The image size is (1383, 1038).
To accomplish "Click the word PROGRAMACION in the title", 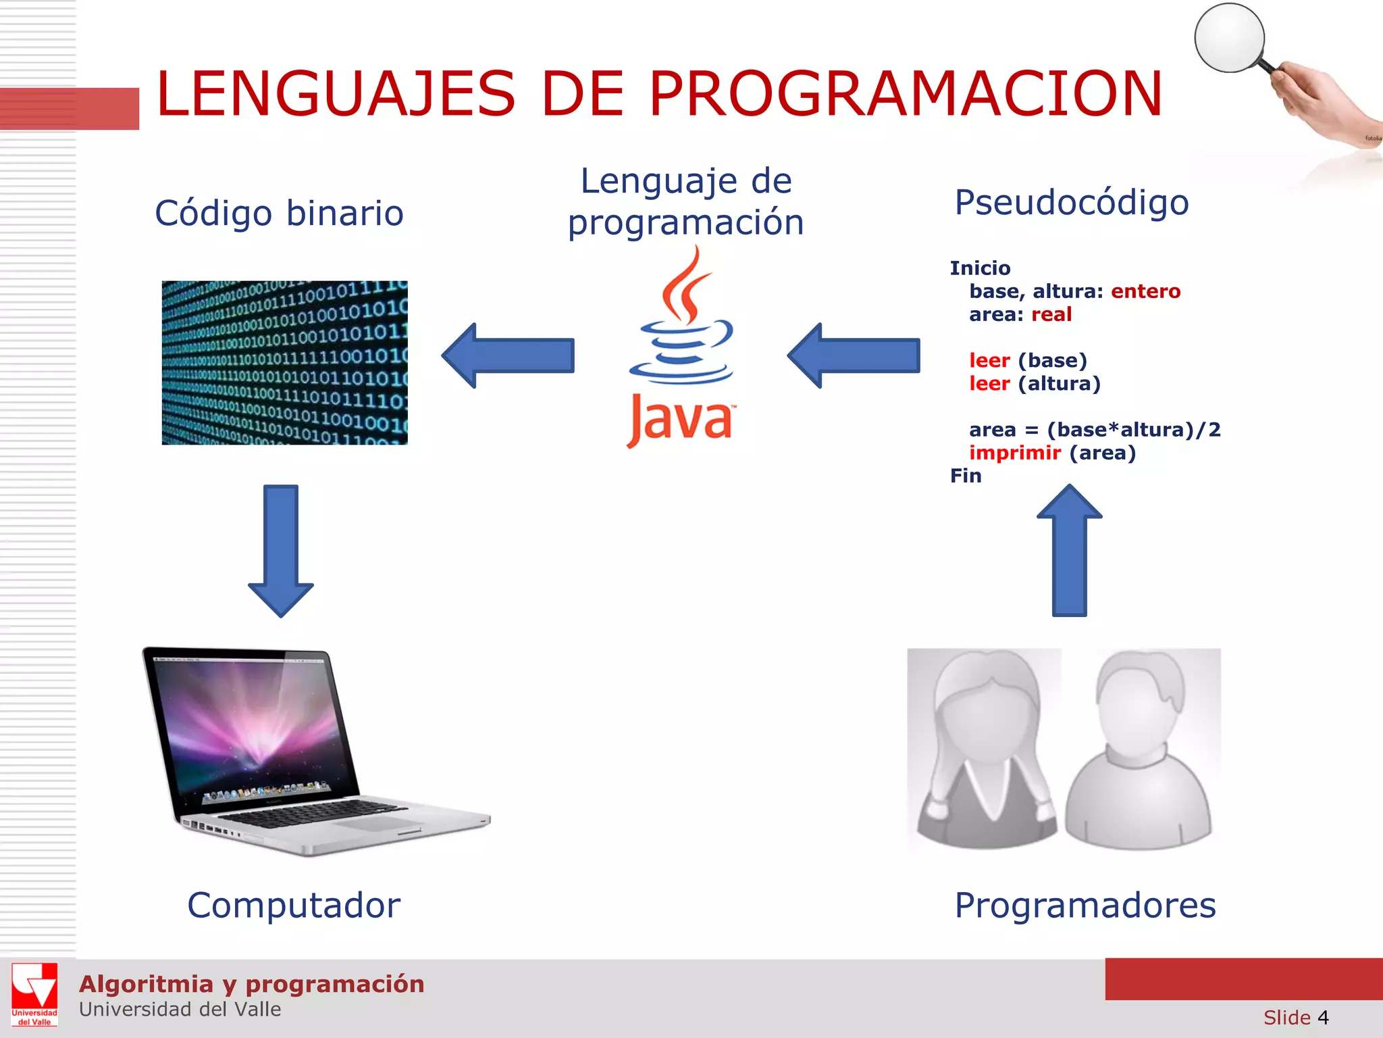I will coord(905,95).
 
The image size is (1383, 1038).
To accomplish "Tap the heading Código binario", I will coord(279,214).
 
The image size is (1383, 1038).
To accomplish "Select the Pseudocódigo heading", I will coord(1071,203).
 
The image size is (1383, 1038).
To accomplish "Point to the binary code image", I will coord(284,362).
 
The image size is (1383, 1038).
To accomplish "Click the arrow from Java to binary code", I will coord(508,355).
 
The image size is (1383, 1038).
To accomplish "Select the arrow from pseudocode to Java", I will coord(854,355).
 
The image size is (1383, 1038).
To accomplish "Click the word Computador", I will coord(294,906).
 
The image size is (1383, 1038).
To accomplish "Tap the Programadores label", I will coord(1085,906).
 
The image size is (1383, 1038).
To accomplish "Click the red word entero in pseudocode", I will coord(1145,291).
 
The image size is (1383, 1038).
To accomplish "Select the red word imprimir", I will coord(1014,453).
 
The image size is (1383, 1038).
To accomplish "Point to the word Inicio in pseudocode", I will coord(980,268).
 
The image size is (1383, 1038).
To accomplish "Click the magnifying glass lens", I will coord(1229,38).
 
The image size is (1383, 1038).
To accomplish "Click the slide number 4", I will coord(1323,1018).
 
